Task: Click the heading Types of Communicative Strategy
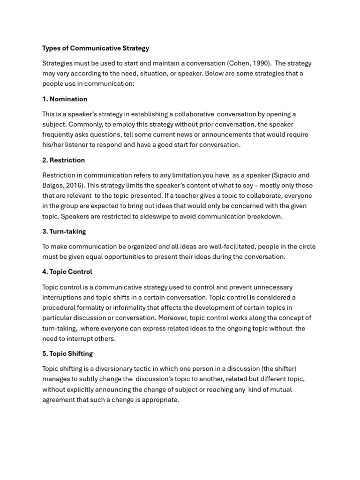[96, 48]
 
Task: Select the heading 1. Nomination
[65, 99]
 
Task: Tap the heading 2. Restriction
[63, 160]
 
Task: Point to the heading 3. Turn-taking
[64, 231]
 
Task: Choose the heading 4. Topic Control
[67, 271]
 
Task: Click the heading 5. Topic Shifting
[67, 353]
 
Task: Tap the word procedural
[60, 307]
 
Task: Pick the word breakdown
[265, 216]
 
